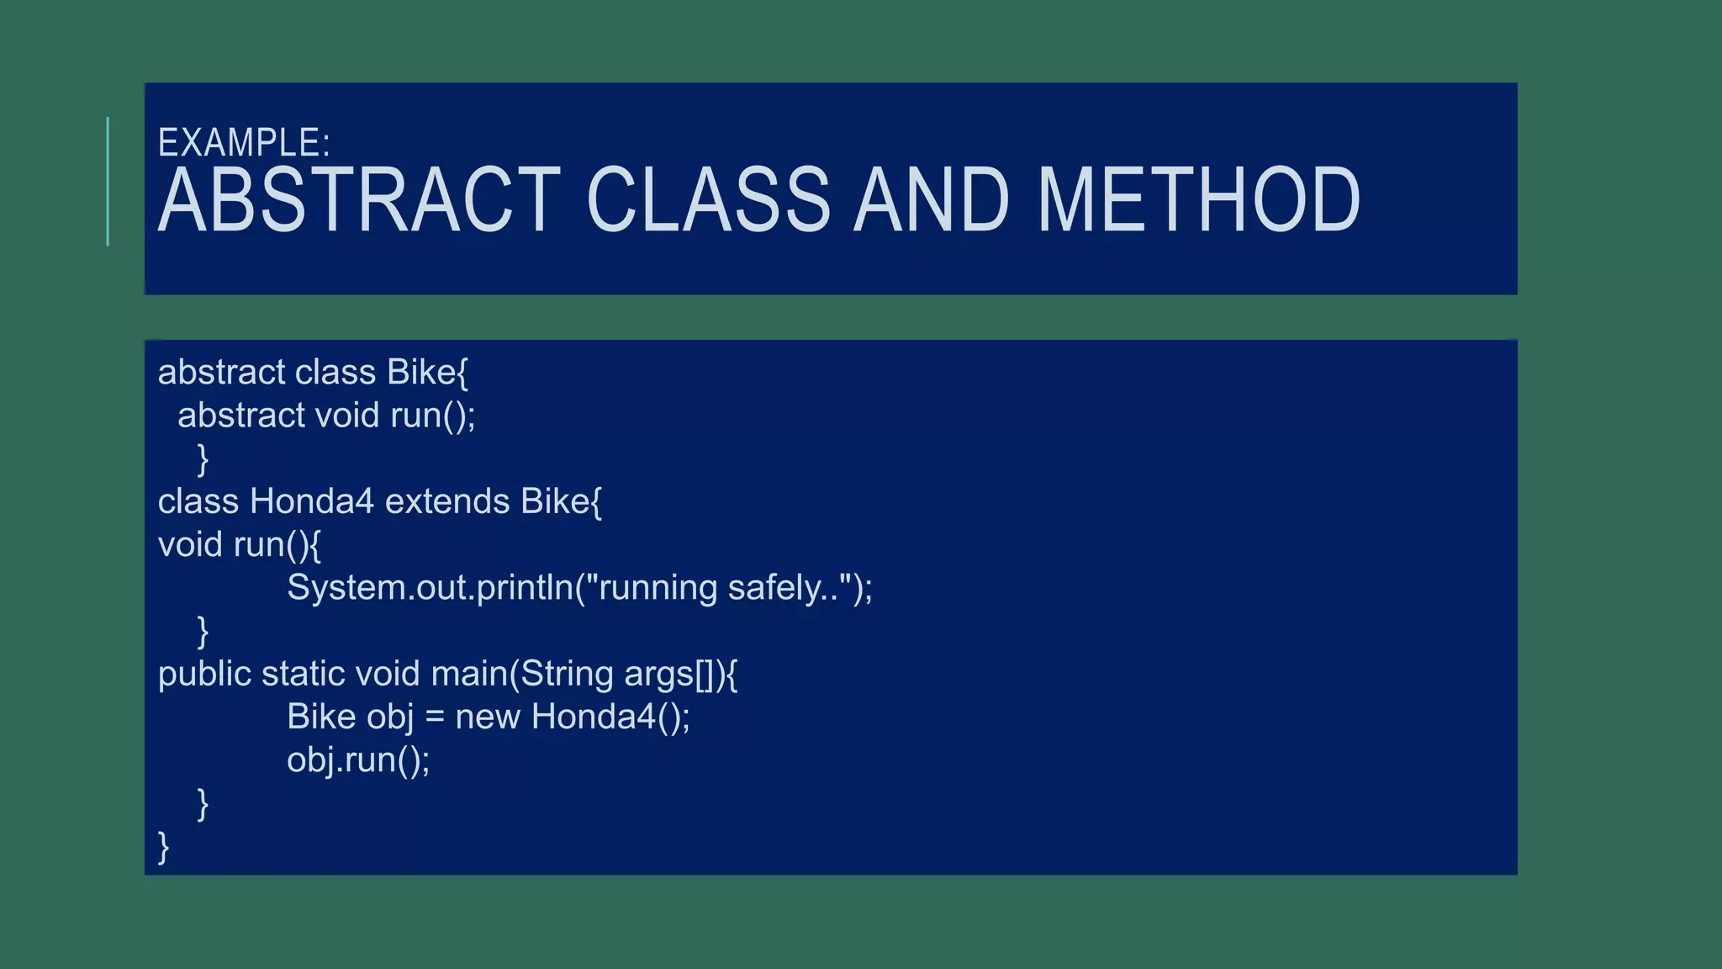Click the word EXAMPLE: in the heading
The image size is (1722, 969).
244,143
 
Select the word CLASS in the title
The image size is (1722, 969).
709,200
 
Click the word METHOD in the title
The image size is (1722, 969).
1199,200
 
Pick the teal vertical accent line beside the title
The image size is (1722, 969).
108,182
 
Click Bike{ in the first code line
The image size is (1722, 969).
427,373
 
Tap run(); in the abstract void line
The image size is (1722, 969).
433,416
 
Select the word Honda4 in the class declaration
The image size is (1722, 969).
311,502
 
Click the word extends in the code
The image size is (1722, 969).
447,502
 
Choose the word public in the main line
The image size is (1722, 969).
204,675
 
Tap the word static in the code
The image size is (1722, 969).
303,675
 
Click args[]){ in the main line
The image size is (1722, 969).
681,675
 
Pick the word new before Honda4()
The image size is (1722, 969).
488,717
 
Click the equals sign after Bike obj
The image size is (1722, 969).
434,717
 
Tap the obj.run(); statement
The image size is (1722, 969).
358,760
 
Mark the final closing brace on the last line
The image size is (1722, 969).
164,847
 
